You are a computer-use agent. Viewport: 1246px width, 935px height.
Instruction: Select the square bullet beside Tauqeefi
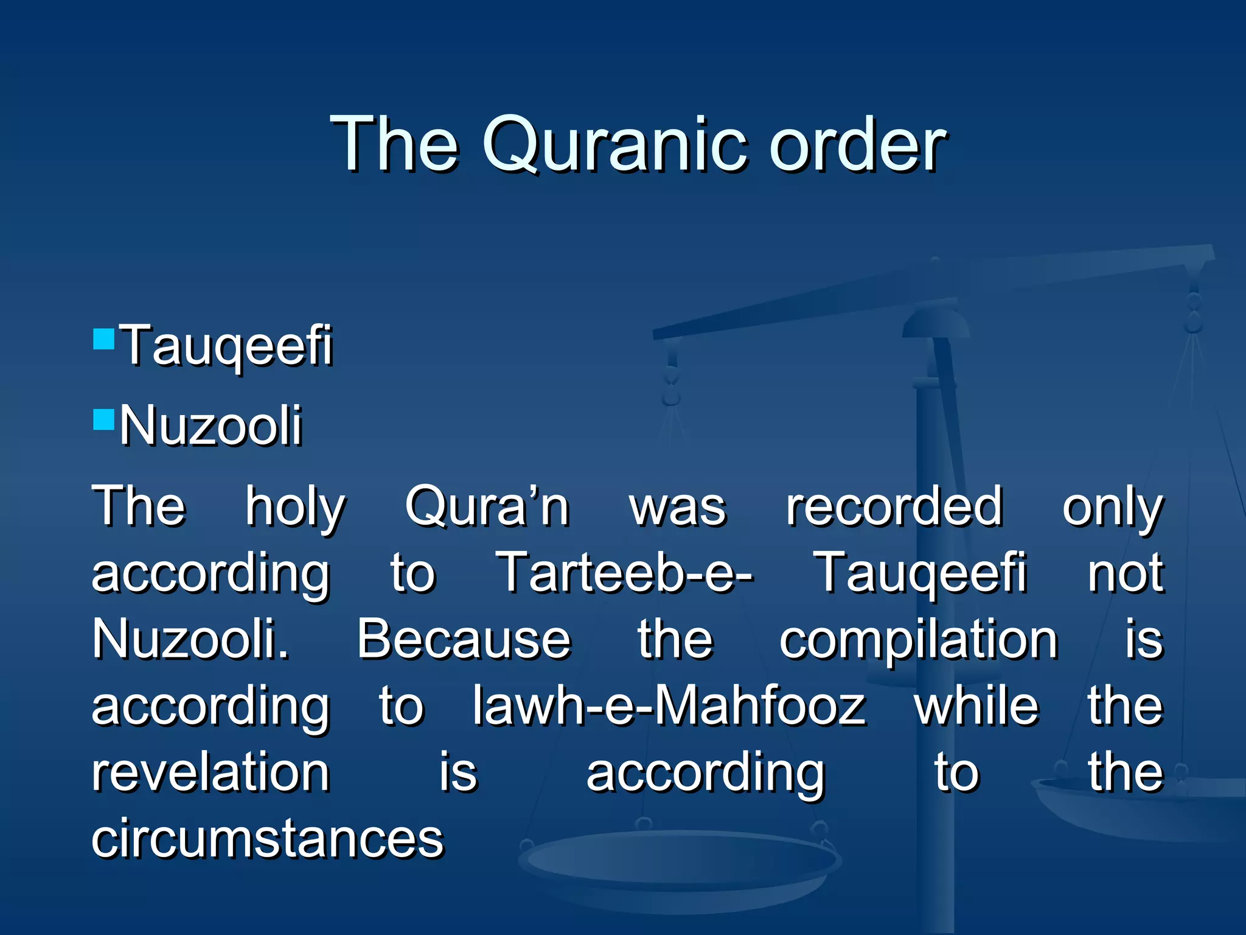104,338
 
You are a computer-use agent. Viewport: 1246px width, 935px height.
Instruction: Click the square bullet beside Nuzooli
104,419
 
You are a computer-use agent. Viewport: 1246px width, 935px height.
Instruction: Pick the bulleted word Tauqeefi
226,346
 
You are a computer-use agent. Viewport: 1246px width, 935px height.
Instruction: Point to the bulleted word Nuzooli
211,425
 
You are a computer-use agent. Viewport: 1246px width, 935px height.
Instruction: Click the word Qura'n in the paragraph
487,506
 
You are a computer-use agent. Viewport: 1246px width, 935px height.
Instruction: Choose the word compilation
919,640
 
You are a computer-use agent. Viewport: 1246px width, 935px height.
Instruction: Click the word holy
296,506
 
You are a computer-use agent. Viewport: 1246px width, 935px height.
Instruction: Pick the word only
1112,506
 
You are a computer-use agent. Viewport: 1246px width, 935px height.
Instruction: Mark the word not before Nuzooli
1126,573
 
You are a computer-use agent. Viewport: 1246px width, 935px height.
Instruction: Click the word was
678,508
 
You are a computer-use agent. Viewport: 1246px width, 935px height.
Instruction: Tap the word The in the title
394,145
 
